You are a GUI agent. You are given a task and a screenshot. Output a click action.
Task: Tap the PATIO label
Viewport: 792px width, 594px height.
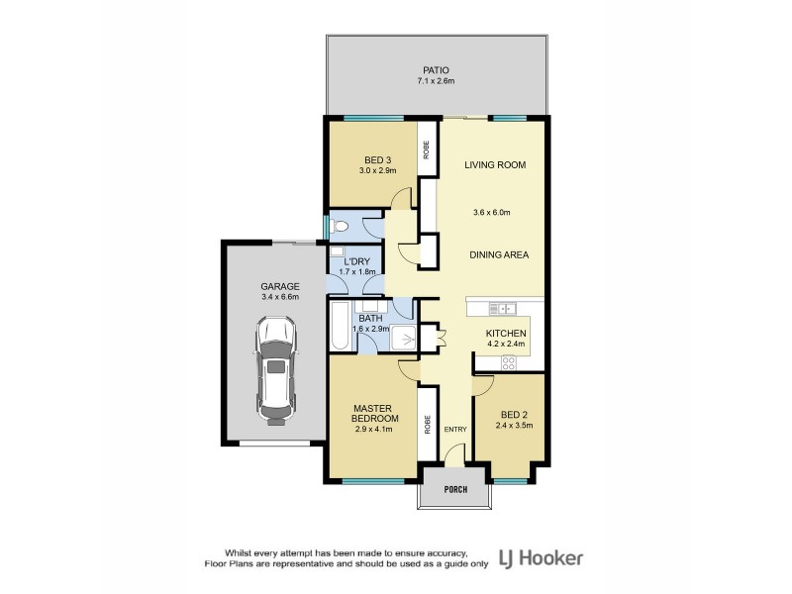pos(437,70)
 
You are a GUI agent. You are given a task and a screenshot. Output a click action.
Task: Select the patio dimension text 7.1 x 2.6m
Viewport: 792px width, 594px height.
pos(437,81)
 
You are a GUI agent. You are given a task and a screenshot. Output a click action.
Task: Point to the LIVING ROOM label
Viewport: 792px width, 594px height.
pos(494,164)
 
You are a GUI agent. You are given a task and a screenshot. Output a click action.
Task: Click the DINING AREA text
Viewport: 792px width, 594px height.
pos(498,254)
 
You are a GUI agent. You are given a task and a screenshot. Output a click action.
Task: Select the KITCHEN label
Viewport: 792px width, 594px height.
pos(505,334)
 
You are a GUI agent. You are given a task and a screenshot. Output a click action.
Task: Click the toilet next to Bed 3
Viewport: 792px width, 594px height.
pos(340,227)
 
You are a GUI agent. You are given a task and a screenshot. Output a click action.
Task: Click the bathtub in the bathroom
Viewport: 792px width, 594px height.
pos(339,329)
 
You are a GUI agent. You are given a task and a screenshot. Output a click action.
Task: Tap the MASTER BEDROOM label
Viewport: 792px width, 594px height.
pos(374,413)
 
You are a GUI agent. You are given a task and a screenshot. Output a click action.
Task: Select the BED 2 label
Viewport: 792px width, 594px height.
pos(513,416)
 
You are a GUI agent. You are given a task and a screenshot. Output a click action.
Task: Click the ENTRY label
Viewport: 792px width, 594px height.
pos(455,429)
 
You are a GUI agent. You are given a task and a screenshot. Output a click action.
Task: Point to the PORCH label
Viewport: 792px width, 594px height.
pos(455,489)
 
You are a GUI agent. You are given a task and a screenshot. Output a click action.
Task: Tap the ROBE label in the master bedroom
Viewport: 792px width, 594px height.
pos(428,424)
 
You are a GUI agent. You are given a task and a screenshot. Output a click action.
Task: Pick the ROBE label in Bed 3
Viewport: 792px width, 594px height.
pos(428,150)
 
